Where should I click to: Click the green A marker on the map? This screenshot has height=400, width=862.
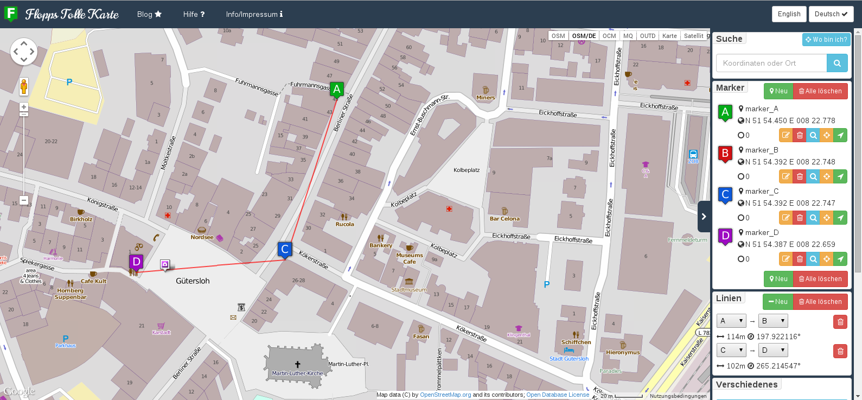pyautogui.click(x=337, y=89)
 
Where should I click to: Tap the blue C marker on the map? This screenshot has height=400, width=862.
pyautogui.click(x=285, y=249)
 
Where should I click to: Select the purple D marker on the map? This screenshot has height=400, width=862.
pyautogui.click(x=136, y=262)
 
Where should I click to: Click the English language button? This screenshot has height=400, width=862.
pyautogui.click(x=789, y=14)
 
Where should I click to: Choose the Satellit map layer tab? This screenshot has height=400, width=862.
pyautogui.click(x=693, y=36)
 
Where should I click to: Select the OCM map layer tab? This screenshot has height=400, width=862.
pyautogui.click(x=609, y=36)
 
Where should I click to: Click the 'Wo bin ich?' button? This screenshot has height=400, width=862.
pyautogui.click(x=826, y=40)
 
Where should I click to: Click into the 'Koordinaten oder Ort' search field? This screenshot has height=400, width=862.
pyautogui.click(x=771, y=63)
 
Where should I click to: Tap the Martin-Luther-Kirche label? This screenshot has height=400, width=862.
pyautogui.click(x=297, y=373)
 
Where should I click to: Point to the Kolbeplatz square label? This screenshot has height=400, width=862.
pyautogui.click(x=467, y=170)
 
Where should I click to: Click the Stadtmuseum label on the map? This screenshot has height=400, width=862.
pyautogui.click(x=409, y=290)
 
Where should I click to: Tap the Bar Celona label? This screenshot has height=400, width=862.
pyautogui.click(x=505, y=219)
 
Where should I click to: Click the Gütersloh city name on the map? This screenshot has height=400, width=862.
pyautogui.click(x=193, y=281)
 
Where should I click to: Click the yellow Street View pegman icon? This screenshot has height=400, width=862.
pyautogui.click(x=24, y=86)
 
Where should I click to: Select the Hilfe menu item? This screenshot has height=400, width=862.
pyautogui.click(x=194, y=14)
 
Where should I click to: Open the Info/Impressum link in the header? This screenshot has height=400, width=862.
pyautogui.click(x=254, y=14)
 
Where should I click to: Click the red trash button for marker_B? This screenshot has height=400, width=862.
pyautogui.click(x=800, y=176)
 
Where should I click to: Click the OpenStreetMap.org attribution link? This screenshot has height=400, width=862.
pyautogui.click(x=445, y=395)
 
